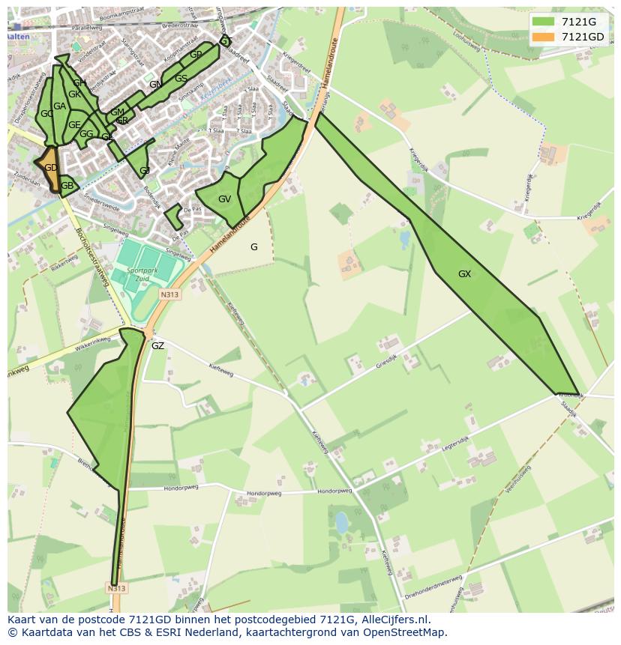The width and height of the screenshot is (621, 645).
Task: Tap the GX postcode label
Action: click(464, 274)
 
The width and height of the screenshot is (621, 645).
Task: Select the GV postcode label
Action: click(224, 199)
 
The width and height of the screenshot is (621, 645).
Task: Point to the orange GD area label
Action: click(50, 168)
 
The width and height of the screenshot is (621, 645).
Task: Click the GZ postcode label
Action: click(157, 346)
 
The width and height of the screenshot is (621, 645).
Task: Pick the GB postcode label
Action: click(67, 186)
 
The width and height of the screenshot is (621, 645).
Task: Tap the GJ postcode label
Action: click(145, 171)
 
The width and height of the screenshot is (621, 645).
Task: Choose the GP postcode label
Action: click(196, 55)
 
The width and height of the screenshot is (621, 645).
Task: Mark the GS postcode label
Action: click(181, 79)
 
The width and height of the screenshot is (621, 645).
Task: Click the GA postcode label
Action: click(59, 106)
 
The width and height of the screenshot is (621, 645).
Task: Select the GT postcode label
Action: click(226, 41)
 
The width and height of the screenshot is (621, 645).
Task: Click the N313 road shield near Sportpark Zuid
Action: click(169, 294)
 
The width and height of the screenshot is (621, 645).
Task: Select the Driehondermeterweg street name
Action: click(432, 582)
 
